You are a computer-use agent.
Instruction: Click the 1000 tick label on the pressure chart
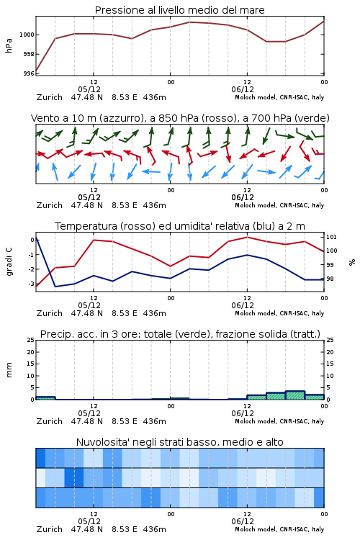tap(27, 35)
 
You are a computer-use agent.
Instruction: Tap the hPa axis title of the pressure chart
tap(9, 45)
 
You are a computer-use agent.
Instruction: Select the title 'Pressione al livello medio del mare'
tap(180, 10)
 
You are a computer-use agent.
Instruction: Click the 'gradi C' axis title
tap(9, 262)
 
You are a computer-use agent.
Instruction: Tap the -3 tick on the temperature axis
tap(31, 284)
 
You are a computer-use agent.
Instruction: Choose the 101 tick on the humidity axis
tap(331, 237)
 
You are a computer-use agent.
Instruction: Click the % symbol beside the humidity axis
tap(352, 262)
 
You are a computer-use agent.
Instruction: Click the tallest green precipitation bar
tap(295, 395)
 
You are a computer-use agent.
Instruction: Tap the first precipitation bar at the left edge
tap(45, 398)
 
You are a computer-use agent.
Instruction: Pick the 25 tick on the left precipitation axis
tap(31, 340)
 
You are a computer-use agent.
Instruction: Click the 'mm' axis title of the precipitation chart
tap(9, 370)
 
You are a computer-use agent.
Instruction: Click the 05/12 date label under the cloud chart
tap(89, 521)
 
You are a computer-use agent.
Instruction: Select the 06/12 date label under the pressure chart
tap(243, 89)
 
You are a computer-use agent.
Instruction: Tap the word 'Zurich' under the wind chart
tap(49, 205)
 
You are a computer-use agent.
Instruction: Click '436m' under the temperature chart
tap(154, 313)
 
